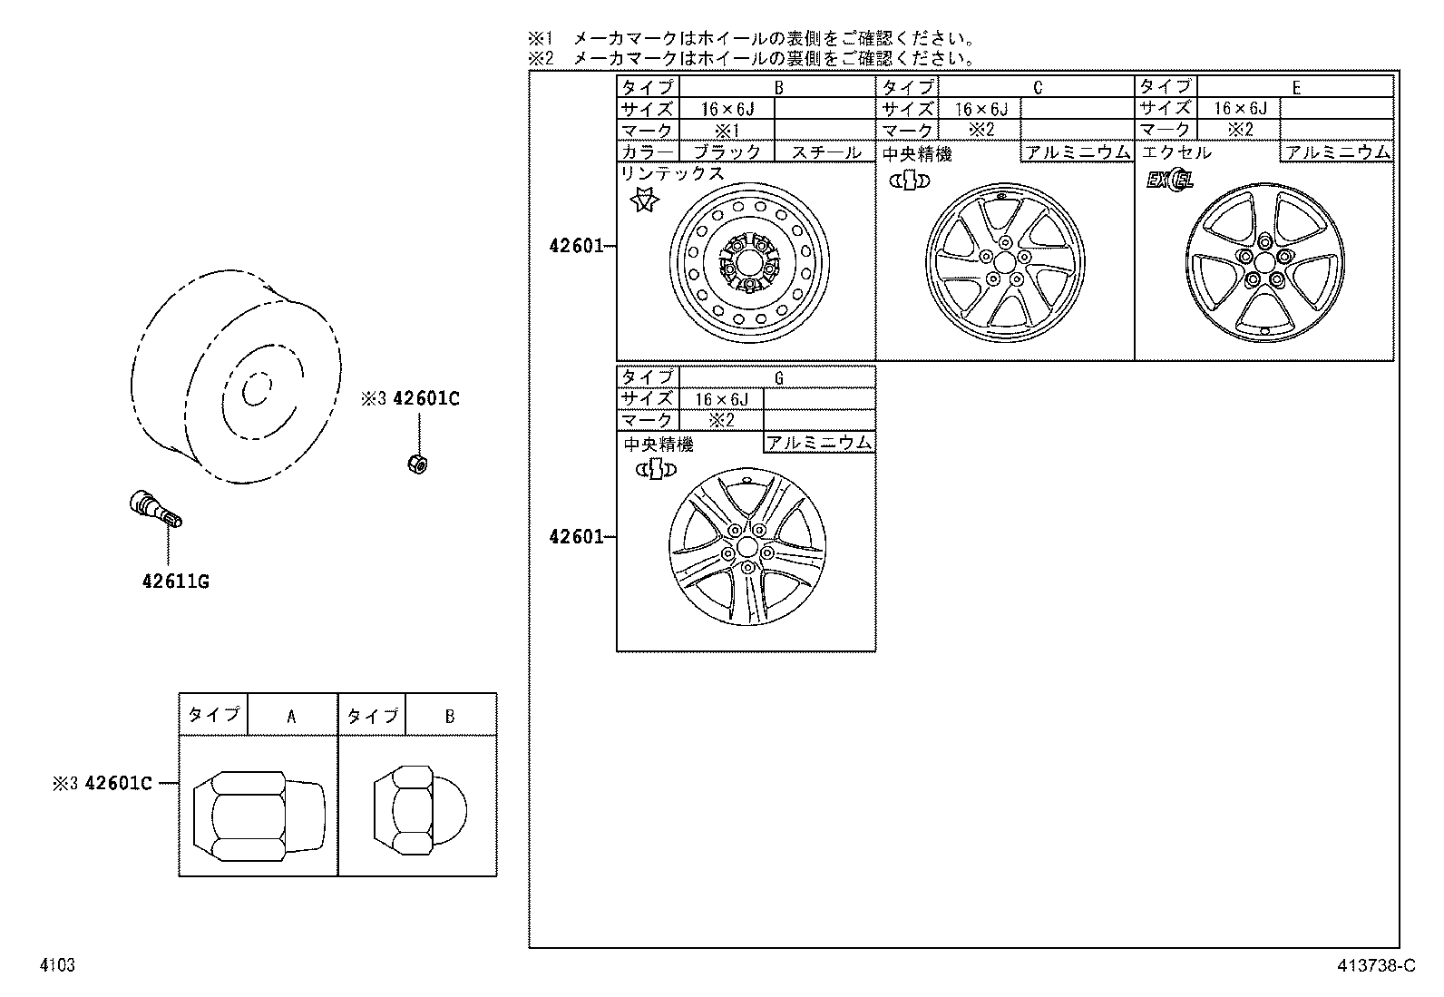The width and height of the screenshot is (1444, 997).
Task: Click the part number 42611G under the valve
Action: (175, 582)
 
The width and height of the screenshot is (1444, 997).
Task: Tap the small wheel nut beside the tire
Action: (416, 463)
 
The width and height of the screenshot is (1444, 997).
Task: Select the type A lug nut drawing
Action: (259, 806)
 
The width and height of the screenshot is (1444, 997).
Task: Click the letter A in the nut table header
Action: (291, 716)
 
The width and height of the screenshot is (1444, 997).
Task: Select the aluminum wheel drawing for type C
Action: (1005, 263)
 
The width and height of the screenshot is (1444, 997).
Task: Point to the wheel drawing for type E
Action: (1263, 263)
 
